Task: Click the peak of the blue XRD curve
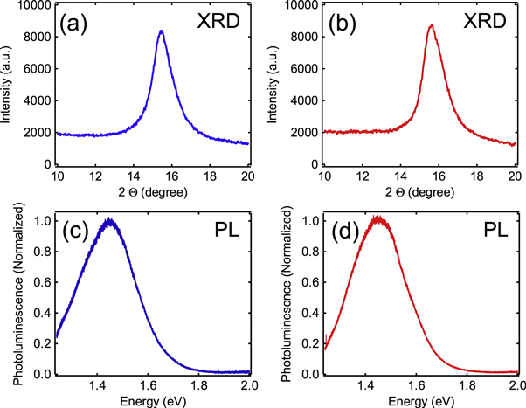[x=161, y=31]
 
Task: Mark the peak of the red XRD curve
[x=432, y=25]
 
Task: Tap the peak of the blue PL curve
[x=109, y=220]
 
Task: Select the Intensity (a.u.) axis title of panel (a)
[x=8, y=85]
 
